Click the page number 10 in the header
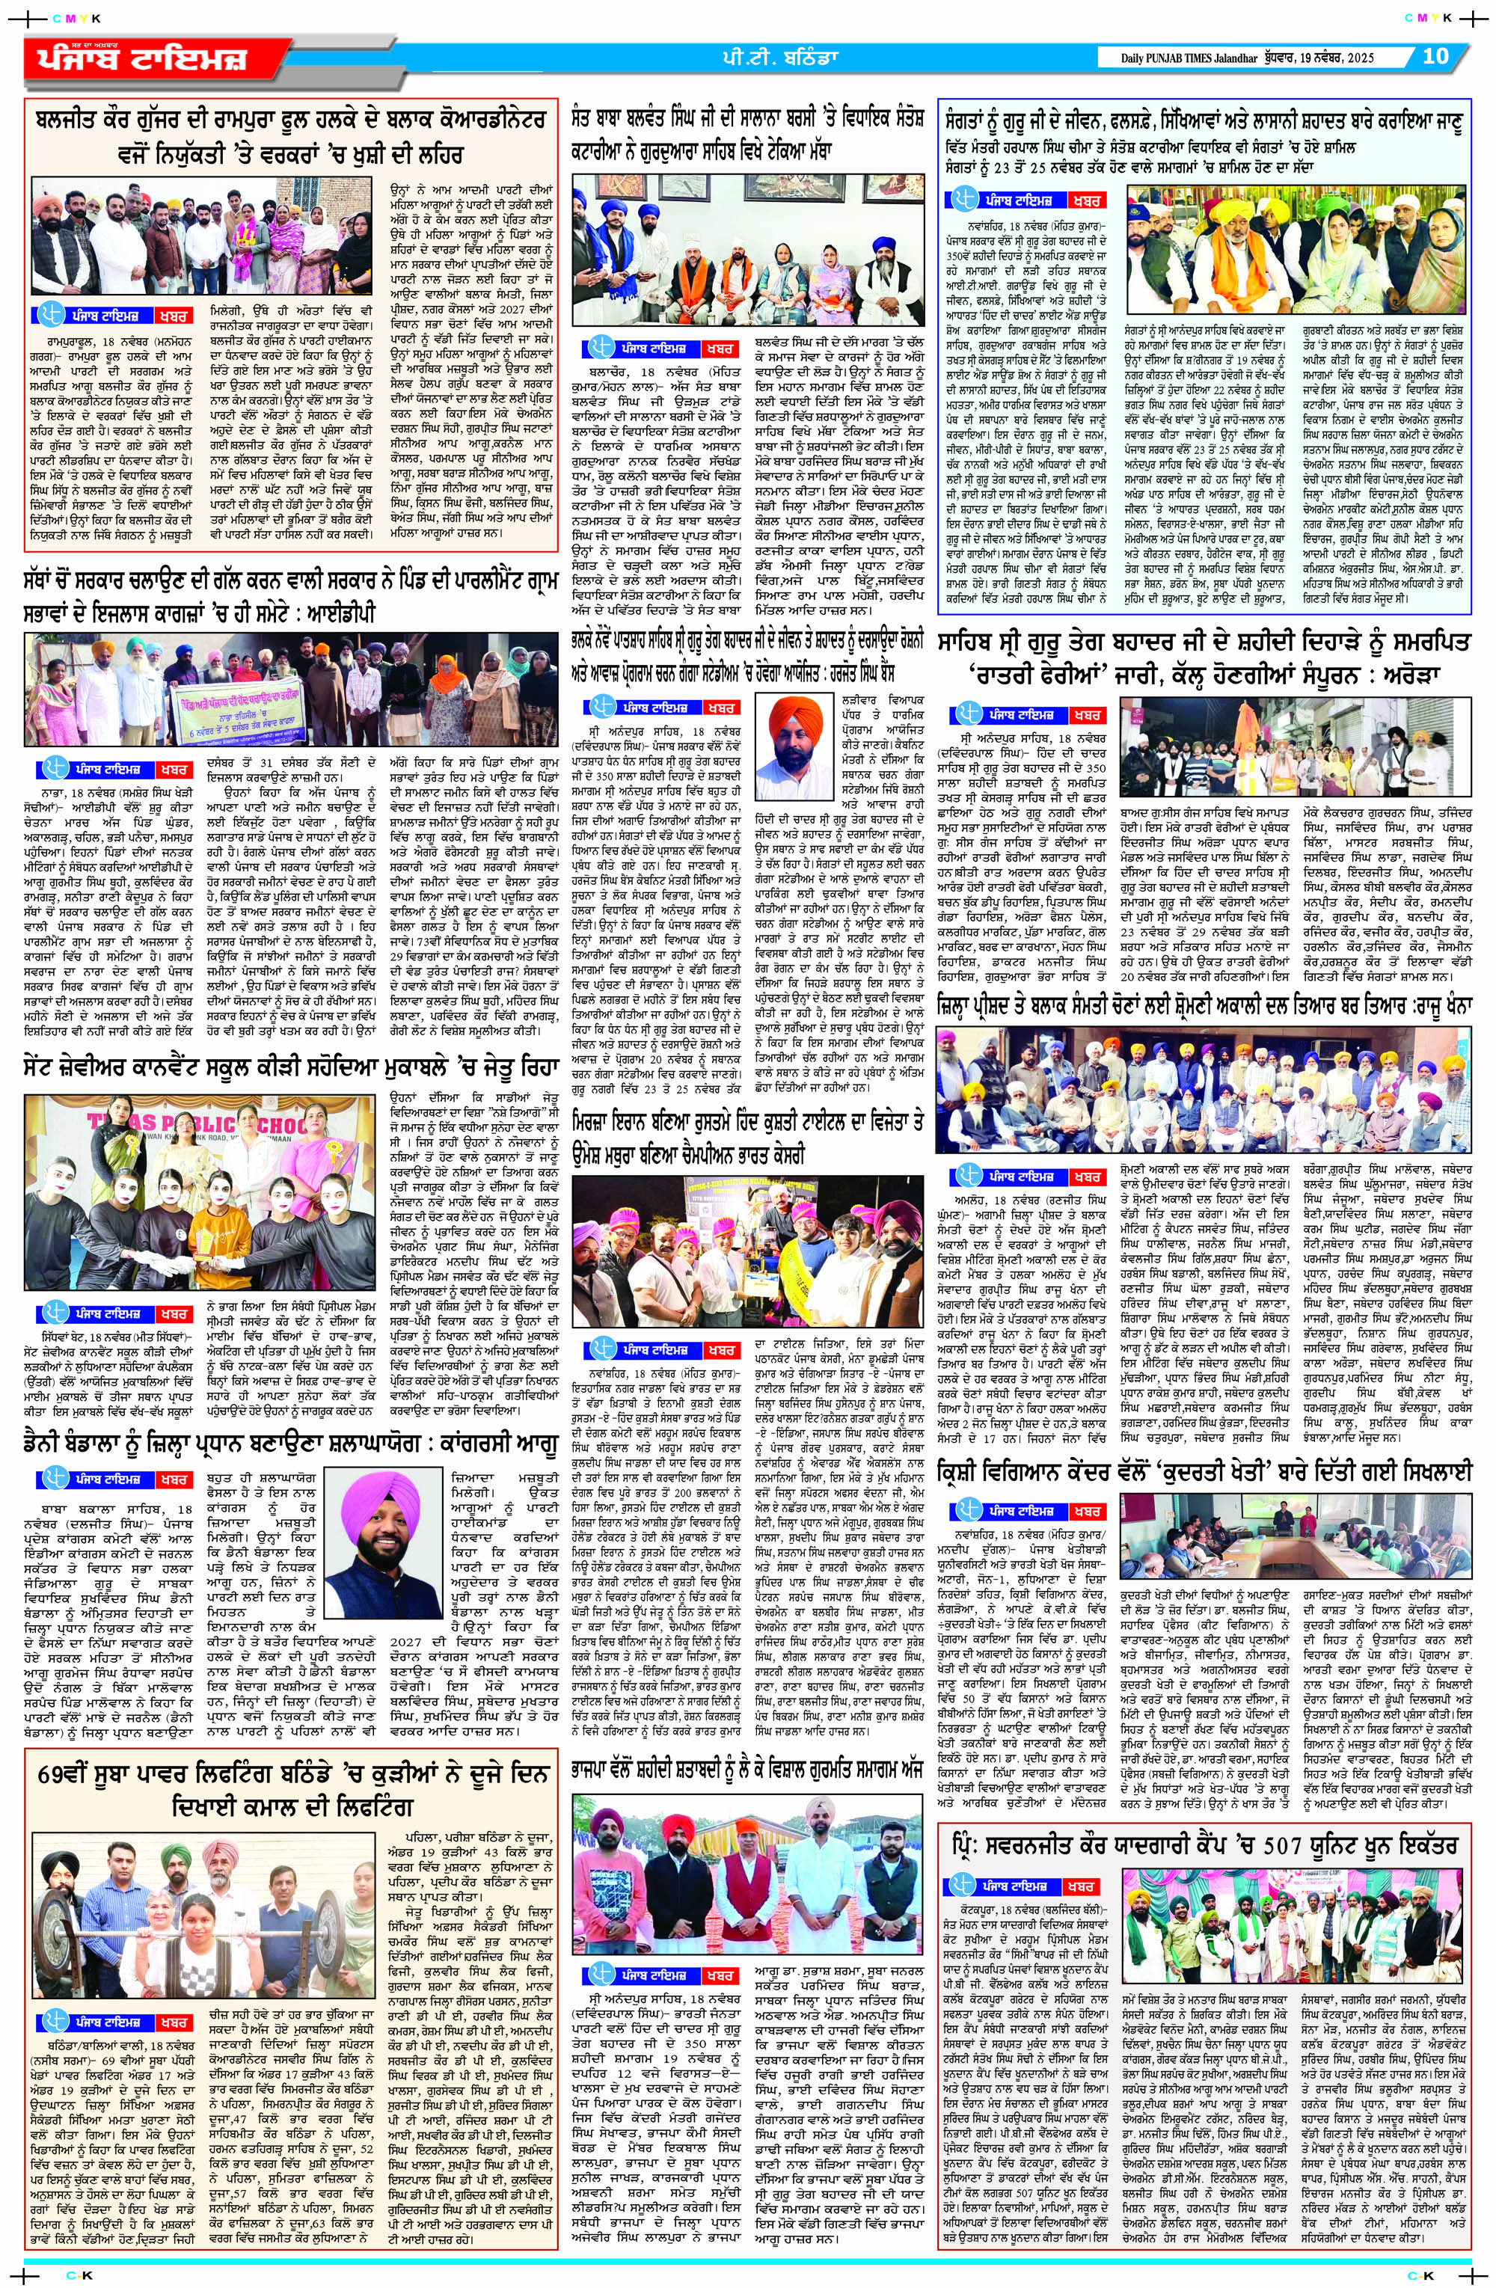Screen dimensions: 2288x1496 click(1435, 57)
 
